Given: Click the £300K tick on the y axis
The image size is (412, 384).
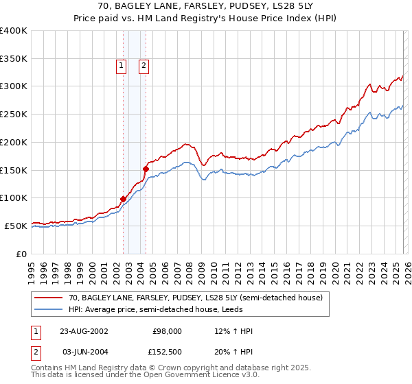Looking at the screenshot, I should tap(14, 86).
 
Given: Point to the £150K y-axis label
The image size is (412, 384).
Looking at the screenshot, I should tap(14, 170).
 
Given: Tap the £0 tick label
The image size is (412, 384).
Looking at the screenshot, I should tap(21, 254).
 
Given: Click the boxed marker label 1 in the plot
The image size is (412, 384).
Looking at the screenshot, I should tap(121, 66).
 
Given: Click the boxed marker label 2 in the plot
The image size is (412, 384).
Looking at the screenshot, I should tap(144, 66).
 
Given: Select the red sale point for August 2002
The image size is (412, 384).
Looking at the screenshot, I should tap(124, 199).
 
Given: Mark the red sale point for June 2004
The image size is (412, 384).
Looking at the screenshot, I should tap(146, 168).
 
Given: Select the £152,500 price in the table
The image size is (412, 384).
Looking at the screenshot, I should tap(167, 351).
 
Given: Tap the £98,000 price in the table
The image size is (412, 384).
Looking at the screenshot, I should tap(167, 331).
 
